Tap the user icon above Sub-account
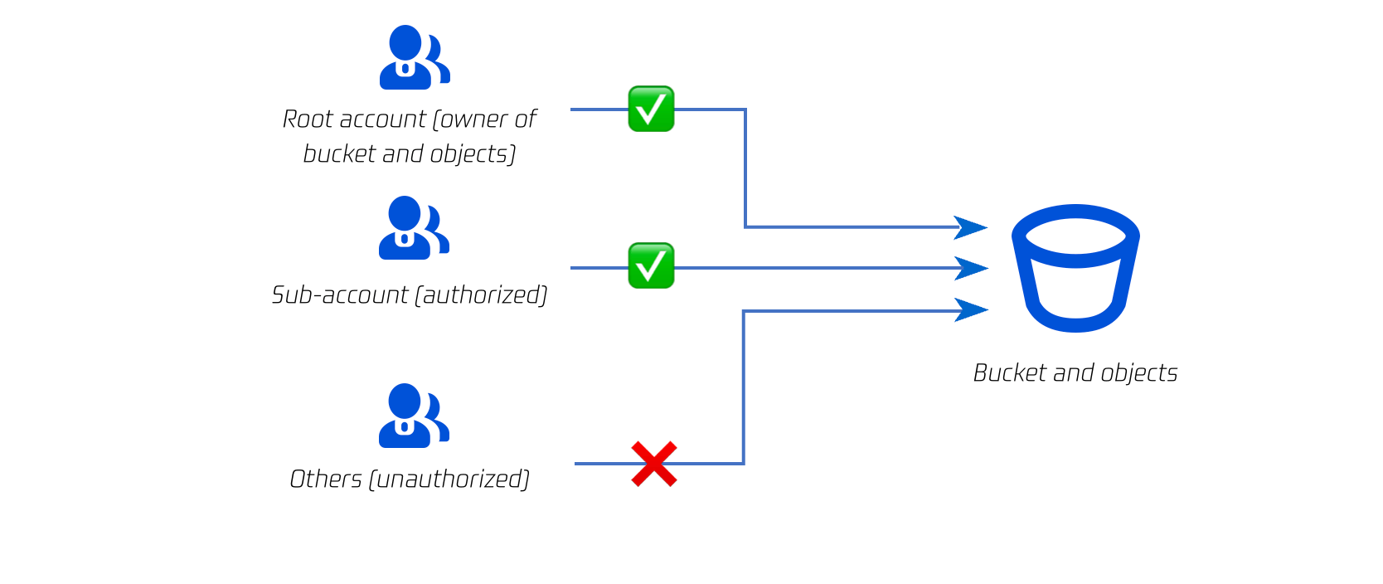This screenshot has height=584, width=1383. click(413, 228)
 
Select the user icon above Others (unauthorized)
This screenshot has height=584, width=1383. click(413, 416)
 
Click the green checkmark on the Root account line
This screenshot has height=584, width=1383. click(651, 109)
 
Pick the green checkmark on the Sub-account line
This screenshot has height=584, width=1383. click(651, 265)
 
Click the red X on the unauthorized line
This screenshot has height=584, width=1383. click(654, 464)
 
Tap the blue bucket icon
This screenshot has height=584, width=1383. click(1075, 268)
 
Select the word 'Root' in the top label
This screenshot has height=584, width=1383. click(308, 119)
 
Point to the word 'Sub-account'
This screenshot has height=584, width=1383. click(340, 295)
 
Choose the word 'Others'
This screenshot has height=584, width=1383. click(325, 479)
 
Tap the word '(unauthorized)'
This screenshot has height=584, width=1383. click(449, 479)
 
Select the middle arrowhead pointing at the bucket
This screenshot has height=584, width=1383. click(971, 268)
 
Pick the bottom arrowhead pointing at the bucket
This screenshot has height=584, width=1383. click(971, 310)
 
